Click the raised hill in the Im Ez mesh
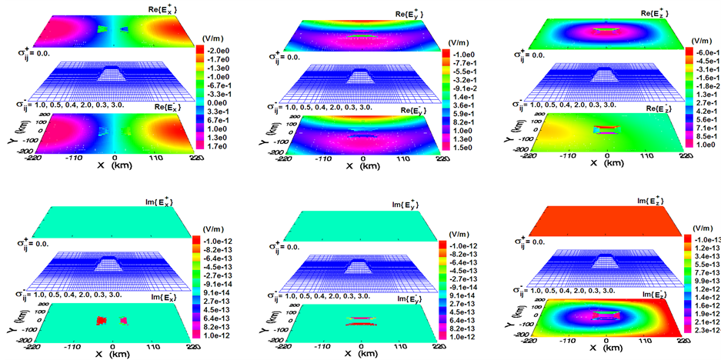[x=606, y=265]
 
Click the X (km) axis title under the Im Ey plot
[x=362, y=354]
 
